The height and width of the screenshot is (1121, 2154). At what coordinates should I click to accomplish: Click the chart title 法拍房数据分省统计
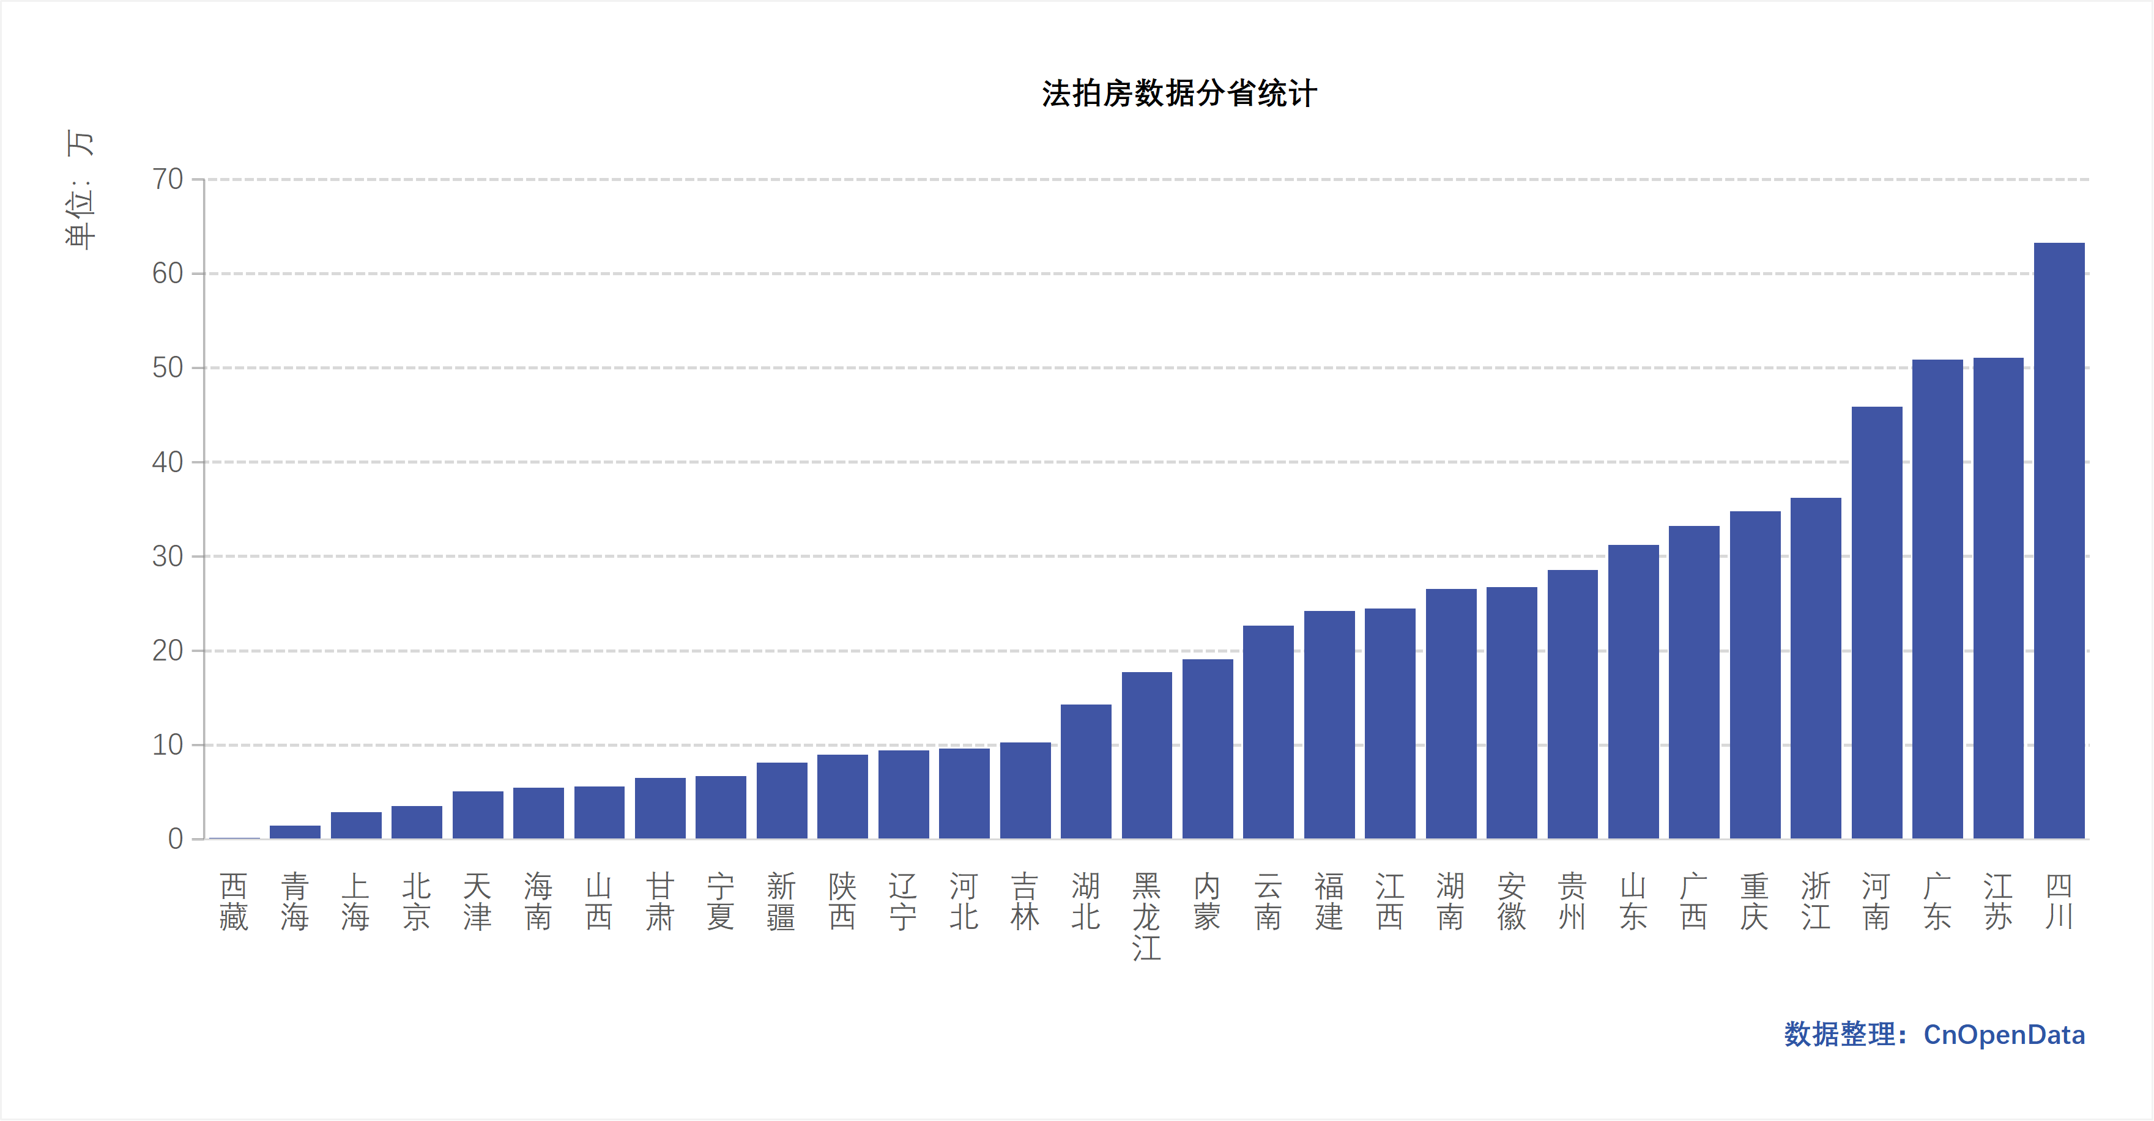[x=1179, y=94]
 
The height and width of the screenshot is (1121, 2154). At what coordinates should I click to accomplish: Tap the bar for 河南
[x=1876, y=623]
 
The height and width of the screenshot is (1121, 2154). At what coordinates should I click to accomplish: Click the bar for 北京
[x=417, y=823]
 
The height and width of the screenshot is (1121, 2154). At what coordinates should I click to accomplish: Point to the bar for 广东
[x=1937, y=599]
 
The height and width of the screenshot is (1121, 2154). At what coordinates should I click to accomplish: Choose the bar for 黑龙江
[x=1146, y=756]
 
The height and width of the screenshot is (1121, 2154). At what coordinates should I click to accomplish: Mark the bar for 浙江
[x=1815, y=669]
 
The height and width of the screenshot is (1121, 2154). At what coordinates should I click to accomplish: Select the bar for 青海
[x=294, y=832]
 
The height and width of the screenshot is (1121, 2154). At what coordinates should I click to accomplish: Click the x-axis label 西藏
[x=233, y=901]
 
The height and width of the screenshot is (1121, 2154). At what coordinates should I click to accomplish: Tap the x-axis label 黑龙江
[x=1146, y=916]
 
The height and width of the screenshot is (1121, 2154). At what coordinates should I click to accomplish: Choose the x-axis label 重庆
[x=1755, y=901]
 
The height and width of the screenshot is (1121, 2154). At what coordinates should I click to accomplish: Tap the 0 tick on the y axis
[x=175, y=839]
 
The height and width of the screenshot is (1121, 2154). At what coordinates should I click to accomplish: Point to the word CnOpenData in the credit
[x=2004, y=1035]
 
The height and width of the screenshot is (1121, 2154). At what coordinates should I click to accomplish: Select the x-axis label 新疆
[x=781, y=901]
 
